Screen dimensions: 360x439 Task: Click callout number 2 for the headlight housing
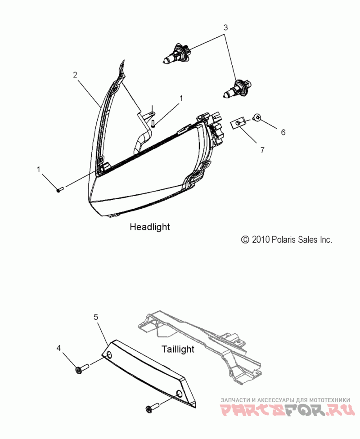[x=76, y=75]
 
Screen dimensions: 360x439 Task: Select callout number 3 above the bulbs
[x=225, y=27]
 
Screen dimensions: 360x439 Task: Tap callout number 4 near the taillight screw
[x=58, y=348]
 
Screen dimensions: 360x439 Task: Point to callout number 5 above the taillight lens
[x=96, y=317]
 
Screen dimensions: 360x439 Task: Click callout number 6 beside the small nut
[x=283, y=132]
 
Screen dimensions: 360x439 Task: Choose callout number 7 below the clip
[x=262, y=150]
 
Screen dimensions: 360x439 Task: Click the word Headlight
[x=150, y=227]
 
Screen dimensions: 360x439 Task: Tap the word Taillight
[x=178, y=349]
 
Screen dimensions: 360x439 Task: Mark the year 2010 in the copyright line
[x=261, y=240]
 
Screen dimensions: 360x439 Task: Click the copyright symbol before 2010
[x=245, y=240]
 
